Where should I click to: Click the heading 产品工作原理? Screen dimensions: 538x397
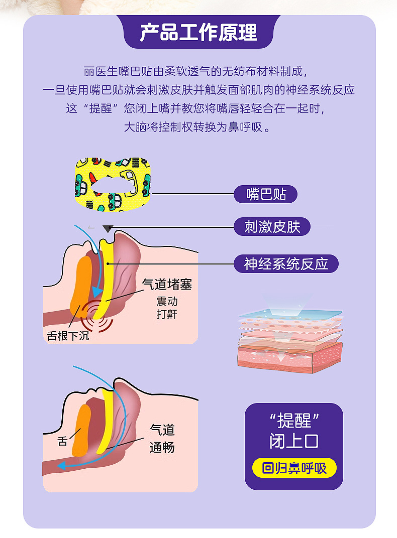coord(198,32)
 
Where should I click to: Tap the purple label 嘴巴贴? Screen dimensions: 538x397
coord(266,194)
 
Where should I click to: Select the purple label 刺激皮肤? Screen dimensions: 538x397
coord(272,227)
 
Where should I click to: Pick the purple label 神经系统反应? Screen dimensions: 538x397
coord(286,263)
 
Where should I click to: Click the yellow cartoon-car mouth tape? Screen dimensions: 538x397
coord(114,185)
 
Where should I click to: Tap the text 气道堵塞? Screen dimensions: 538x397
coord(167,285)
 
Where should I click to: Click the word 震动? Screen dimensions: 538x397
coord(167,302)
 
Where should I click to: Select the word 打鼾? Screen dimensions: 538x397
coord(167,315)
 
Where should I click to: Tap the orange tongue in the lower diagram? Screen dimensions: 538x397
coord(81,429)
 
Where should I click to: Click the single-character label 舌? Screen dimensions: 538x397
coord(62,442)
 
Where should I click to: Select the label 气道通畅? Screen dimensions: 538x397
coord(162,438)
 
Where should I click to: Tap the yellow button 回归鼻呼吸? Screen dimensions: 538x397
coord(294,468)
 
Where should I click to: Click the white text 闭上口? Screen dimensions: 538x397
coord(294,441)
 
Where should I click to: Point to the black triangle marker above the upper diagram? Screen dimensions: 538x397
coord(107,229)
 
